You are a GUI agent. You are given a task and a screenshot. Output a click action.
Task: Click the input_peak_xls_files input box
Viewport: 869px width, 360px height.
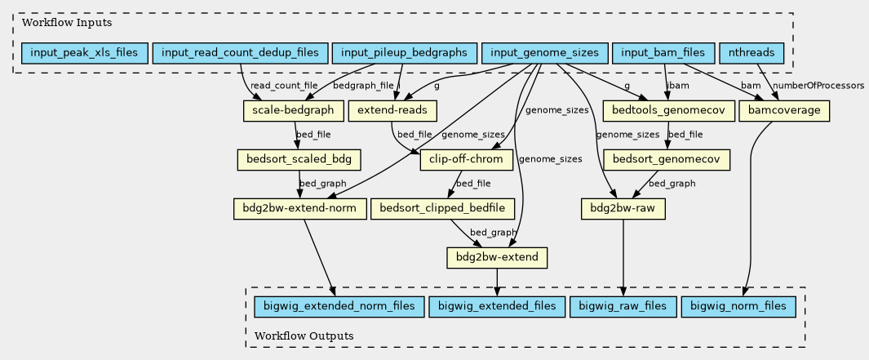point(84,53)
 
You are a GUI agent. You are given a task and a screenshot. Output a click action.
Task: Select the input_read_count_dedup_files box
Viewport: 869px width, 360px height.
point(240,53)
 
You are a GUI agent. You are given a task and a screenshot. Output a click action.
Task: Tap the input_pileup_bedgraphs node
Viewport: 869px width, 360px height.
point(404,53)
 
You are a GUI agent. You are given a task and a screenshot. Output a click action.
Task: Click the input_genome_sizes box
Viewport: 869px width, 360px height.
point(544,53)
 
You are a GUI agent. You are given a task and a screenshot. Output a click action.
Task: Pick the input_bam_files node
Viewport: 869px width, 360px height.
point(663,53)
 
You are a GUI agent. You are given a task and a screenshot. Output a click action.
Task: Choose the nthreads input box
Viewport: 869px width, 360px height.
point(751,53)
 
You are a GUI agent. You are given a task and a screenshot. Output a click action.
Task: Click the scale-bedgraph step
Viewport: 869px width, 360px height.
point(293,110)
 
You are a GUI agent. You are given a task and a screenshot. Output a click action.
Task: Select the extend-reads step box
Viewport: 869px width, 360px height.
point(393,110)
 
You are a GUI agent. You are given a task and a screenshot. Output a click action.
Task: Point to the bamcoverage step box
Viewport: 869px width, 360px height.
point(783,110)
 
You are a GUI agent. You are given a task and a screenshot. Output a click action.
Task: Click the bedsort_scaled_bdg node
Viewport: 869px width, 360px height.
point(299,160)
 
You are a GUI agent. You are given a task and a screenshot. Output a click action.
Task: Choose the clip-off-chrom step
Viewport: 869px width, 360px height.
point(467,160)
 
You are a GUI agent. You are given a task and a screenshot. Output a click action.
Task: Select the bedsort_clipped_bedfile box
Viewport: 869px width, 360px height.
point(442,208)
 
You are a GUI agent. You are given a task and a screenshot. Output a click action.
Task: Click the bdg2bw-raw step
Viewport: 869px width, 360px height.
point(623,208)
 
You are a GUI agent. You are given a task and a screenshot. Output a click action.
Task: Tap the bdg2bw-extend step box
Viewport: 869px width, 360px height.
point(497,257)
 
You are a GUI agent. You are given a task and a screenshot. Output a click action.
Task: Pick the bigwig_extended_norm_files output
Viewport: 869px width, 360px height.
point(339,307)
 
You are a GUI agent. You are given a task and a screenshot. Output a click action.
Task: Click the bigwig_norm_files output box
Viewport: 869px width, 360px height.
point(738,307)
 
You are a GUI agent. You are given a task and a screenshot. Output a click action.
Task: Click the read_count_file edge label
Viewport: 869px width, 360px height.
point(284,86)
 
